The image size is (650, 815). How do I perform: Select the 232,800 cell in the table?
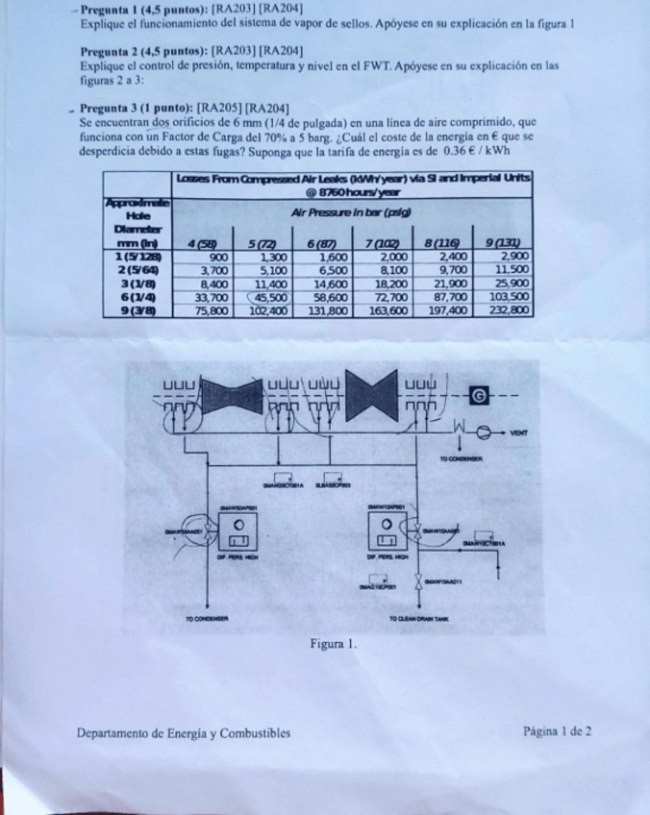509,310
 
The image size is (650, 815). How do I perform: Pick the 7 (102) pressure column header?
389,244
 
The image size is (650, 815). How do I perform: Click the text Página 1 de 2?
558,731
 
